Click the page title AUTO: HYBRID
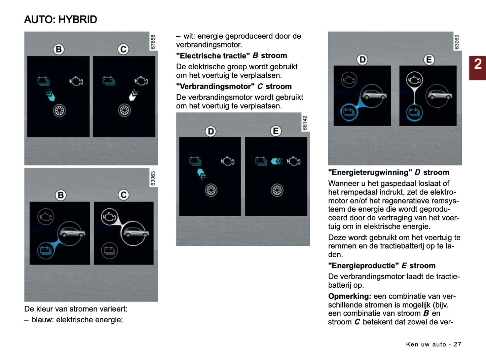[x=61, y=20]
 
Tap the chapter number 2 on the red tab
[x=478, y=64]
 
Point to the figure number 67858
[x=153, y=42]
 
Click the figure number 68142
[x=305, y=123]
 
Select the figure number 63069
[x=457, y=42]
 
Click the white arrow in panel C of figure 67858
[x=134, y=95]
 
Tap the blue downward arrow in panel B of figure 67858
[x=50, y=96]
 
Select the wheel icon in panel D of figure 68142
[x=211, y=190]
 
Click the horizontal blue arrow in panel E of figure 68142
[x=276, y=161]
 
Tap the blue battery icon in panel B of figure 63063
[x=46, y=250]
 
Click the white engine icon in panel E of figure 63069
[x=414, y=80]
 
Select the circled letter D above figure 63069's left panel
[x=362, y=60]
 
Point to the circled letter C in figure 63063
[x=123, y=195]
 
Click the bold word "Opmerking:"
[x=349, y=296]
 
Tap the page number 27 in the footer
[x=457, y=344]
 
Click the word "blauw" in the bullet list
[x=42, y=320]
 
